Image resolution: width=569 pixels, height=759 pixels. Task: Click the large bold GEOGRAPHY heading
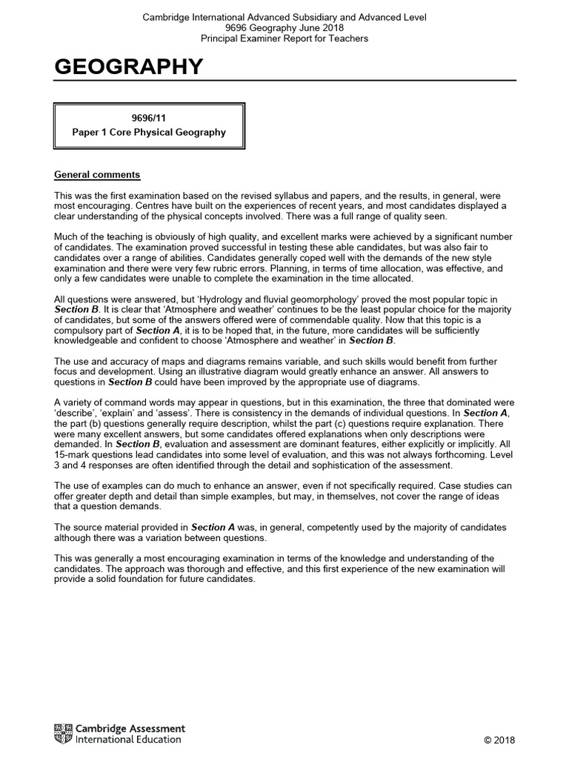tap(128, 67)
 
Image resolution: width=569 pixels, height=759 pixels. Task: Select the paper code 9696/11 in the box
tap(148, 118)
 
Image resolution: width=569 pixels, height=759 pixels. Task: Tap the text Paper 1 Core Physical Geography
tap(148, 133)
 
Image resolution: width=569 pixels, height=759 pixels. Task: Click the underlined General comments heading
tap(96, 175)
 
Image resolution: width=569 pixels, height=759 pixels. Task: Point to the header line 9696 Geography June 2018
tap(284, 27)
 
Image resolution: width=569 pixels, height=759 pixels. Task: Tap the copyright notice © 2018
tap(499, 740)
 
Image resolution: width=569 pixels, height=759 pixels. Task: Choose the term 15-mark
tap(75, 454)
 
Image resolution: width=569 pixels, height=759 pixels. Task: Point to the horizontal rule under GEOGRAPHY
tap(285, 80)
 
